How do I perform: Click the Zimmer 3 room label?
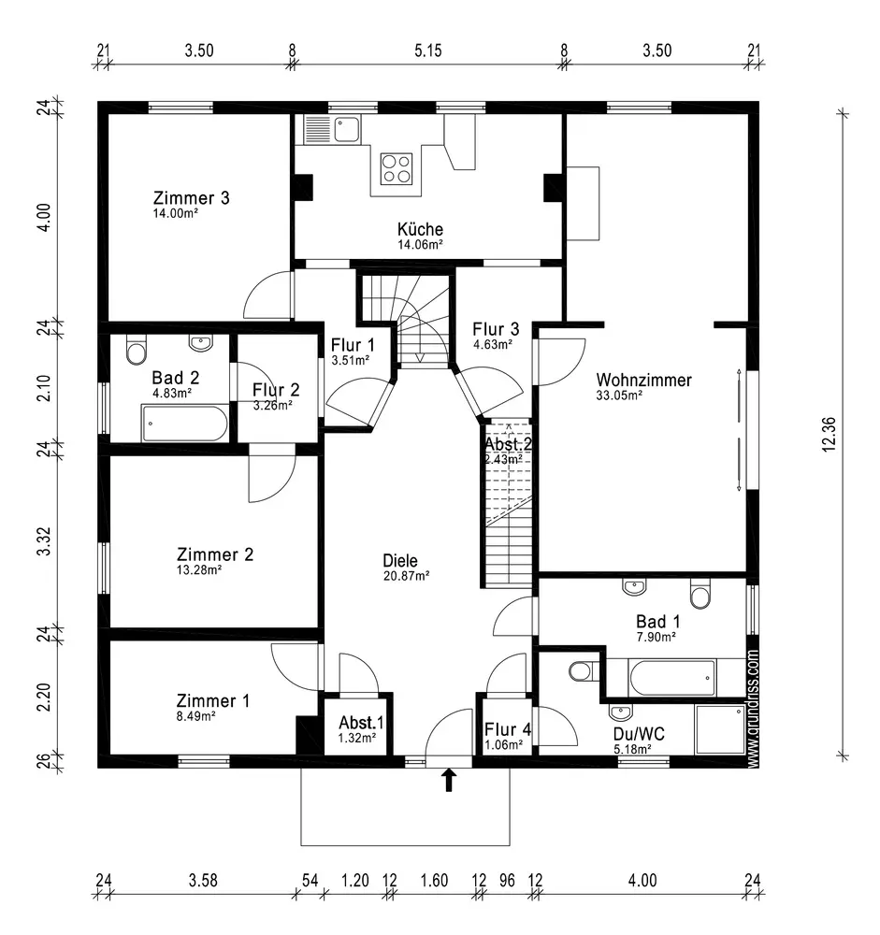tap(191, 198)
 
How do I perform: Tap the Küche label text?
tap(420, 229)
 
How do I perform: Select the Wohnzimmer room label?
tap(643, 381)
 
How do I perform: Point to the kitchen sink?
tap(347, 128)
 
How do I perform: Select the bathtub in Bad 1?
tap(672, 677)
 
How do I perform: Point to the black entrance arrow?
tap(449, 780)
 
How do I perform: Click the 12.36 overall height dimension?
tap(828, 434)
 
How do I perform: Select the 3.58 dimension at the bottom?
tap(203, 880)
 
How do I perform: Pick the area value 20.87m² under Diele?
tap(406, 576)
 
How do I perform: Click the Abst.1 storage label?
tap(360, 723)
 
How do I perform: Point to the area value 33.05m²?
tap(619, 396)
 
